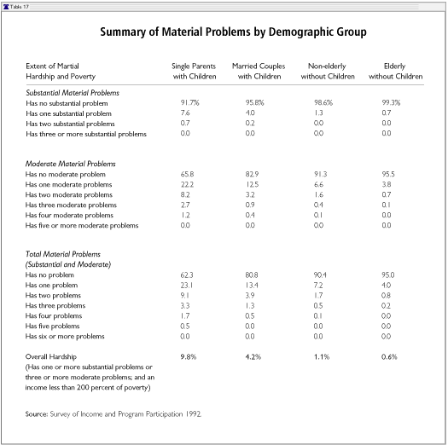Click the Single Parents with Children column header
[x=195, y=72]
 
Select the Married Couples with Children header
[x=259, y=72]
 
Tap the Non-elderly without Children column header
[x=328, y=72]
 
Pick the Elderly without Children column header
[x=395, y=72]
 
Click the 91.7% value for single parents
[x=189, y=103]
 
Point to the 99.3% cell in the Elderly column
[x=391, y=103]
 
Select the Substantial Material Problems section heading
[x=73, y=93]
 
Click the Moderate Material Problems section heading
[x=70, y=164]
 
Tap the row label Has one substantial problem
[x=68, y=113]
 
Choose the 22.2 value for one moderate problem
[x=187, y=184]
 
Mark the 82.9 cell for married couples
[x=252, y=174]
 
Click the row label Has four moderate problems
[x=69, y=215]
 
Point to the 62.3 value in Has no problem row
[x=187, y=275]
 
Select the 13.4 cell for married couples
[x=252, y=285]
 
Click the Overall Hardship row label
[x=51, y=357]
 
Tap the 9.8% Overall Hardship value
[x=189, y=357]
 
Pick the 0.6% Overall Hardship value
[x=389, y=357]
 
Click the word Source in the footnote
[x=37, y=414]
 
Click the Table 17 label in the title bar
[x=20, y=7]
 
